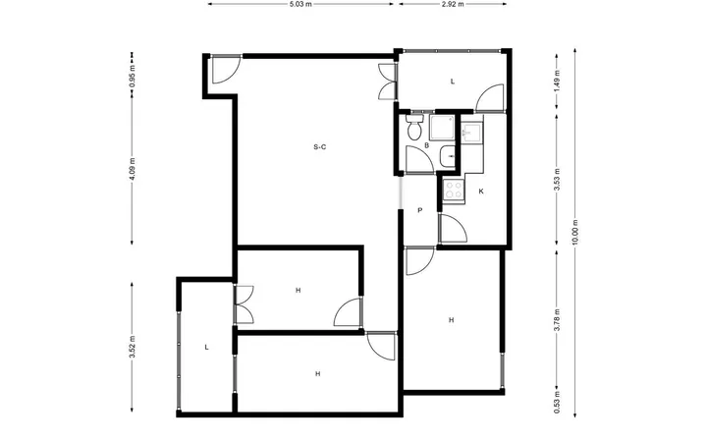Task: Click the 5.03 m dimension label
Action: pos(300,5)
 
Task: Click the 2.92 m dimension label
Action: pos(453,5)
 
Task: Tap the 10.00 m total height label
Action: pos(574,232)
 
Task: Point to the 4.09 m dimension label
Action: pos(133,169)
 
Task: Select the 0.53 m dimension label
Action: pos(557,403)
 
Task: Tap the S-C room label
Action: pos(320,147)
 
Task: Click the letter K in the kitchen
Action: pos(481,192)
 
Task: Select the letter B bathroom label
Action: pos(426,145)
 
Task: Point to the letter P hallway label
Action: pos(420,210)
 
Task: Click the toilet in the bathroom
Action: pos(414,127)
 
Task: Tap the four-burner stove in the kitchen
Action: pos(453,190)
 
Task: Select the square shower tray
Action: pos(442,128)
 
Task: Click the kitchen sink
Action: pos(471,134)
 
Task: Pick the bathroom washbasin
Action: pos(448,157)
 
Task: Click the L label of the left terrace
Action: pos(206,348)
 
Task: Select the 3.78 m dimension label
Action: pos(557,320)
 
